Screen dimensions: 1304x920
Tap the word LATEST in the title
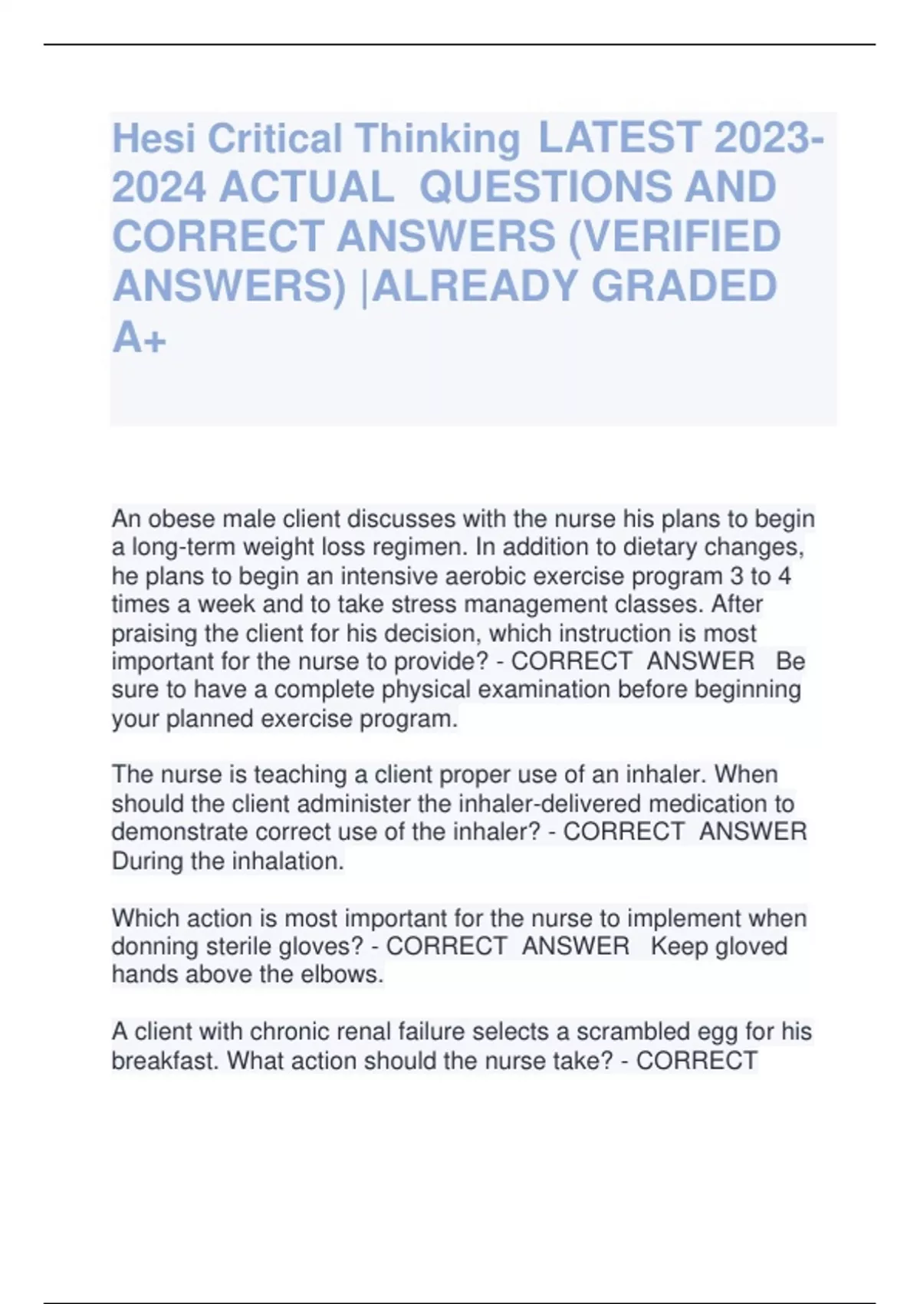tap(619, 137)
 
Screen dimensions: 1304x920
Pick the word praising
tap(156, 634)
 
